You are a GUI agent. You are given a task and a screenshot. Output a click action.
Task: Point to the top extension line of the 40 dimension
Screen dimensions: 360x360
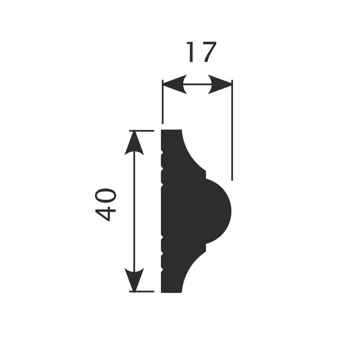pos(142,131)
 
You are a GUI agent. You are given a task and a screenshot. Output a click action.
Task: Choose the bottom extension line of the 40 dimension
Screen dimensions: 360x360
pos(142,291)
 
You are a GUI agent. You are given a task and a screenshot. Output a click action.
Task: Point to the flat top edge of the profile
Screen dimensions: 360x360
pos(171,130)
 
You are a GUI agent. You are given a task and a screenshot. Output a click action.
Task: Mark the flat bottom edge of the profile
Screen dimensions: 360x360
pos(171,292)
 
